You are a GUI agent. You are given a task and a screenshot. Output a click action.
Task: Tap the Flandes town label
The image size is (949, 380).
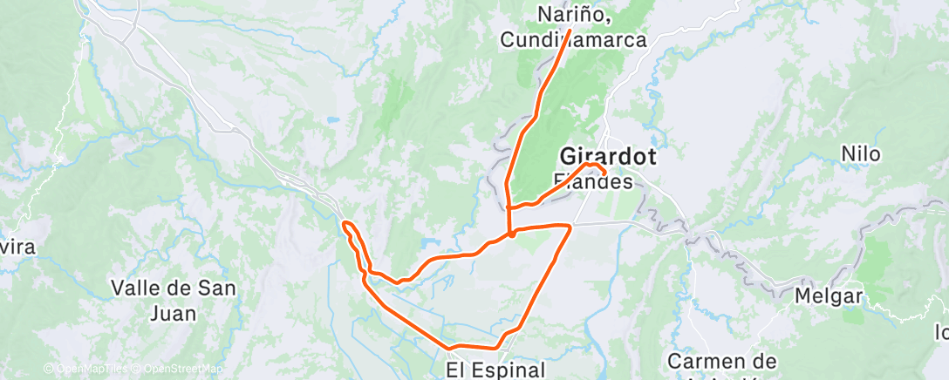(593, 182)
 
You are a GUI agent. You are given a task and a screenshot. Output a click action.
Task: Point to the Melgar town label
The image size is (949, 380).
(828, 296)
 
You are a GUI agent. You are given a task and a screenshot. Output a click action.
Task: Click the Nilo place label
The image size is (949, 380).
(860, 154)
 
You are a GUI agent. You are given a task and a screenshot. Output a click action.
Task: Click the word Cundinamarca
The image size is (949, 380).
(574, 39)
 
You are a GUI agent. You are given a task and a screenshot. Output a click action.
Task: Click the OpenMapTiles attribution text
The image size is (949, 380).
(85, 370)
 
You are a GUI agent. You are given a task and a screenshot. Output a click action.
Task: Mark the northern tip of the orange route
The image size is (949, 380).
(570, 31)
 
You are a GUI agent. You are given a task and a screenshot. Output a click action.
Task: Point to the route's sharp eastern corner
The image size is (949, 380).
(570, 226)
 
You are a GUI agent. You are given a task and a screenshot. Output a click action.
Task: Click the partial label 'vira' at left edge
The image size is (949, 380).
(17, 248)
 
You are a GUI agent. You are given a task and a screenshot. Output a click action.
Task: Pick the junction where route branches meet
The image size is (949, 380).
(509, 234)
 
